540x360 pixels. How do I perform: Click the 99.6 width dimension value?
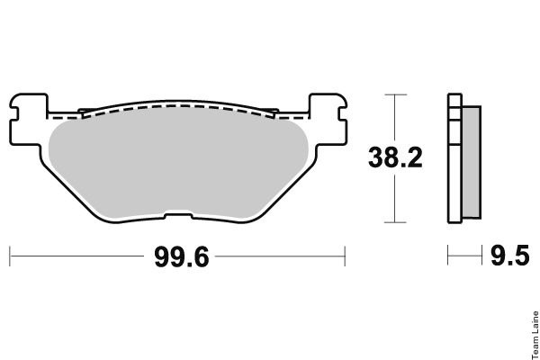point(182,257)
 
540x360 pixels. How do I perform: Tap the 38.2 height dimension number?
point(395,157)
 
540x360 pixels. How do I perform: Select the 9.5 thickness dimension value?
point(510,256)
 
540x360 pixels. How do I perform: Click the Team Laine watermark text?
point(535,335)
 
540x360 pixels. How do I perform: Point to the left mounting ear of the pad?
point(28,119)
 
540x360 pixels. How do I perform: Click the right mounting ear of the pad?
point(328,119)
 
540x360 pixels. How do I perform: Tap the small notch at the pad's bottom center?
point(178,216)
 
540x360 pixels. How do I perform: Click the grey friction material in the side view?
point(472,162)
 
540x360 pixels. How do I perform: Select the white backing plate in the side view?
point(454,158)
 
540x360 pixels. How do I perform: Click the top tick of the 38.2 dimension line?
point(395,94)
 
